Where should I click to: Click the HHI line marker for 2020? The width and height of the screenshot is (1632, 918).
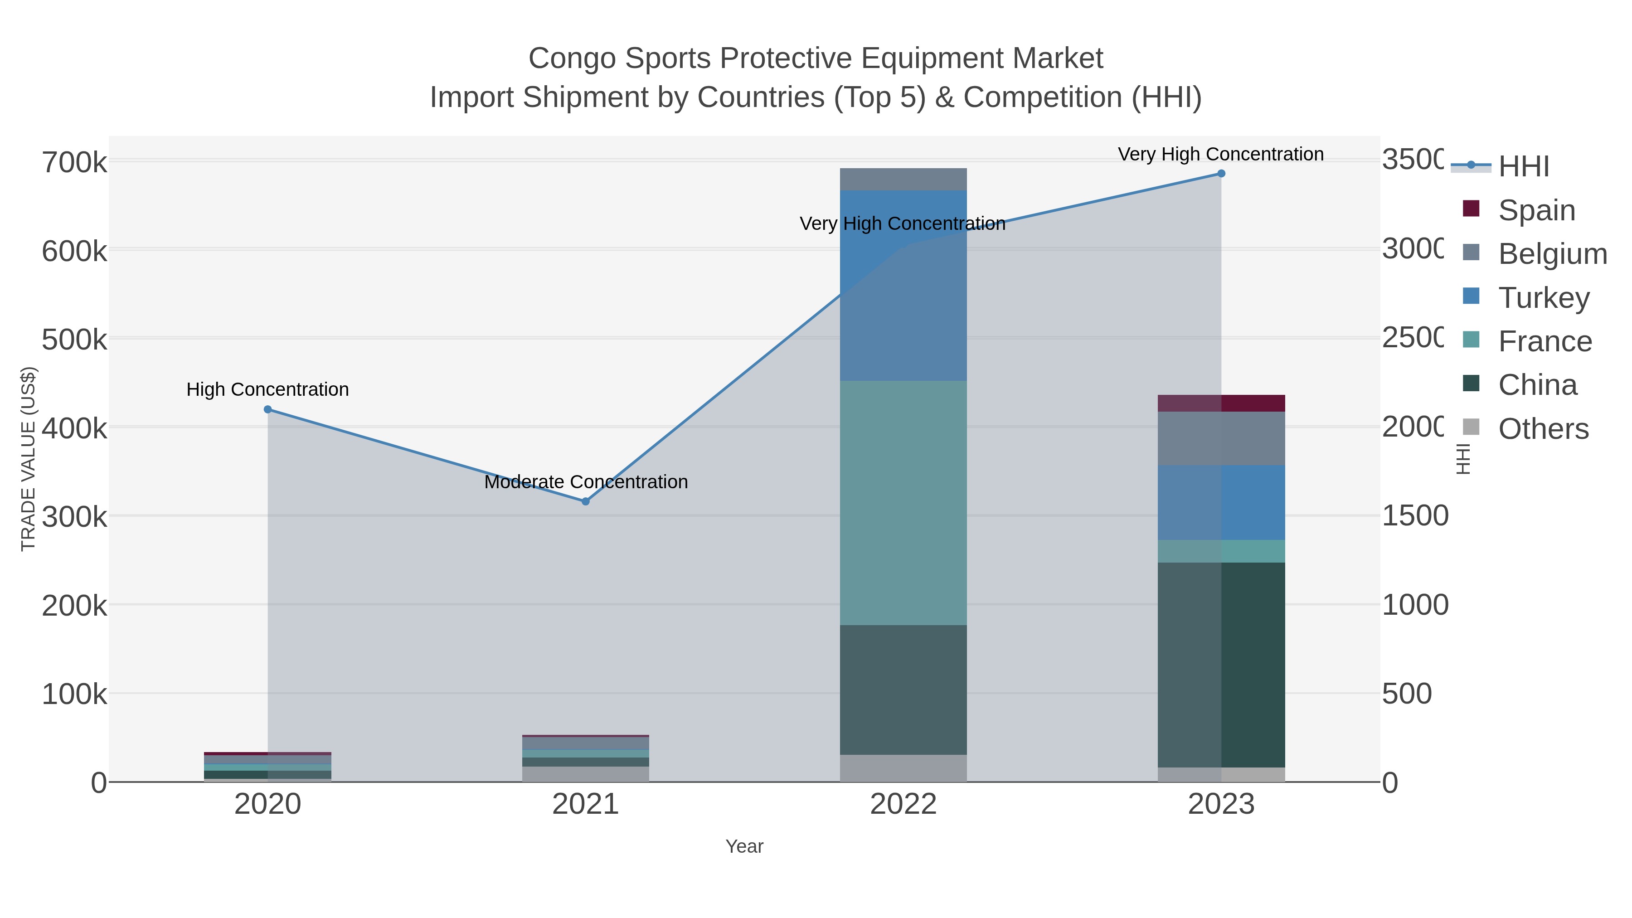pos(267,409)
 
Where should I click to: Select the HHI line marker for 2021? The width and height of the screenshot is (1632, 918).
pos(585,501)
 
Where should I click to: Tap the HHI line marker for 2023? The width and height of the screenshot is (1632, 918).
pos(1221,174)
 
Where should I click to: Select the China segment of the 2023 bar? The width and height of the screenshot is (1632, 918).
pos(1221,665)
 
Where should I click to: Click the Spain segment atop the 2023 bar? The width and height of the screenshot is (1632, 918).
pos(1221,403)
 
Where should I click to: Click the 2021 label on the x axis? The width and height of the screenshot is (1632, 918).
pos(585,805)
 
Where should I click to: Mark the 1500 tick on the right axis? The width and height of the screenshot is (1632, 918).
pos(1414,516)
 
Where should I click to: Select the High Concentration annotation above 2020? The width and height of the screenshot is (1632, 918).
pos(267,389)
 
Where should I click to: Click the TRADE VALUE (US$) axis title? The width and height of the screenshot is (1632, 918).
pos(29,459)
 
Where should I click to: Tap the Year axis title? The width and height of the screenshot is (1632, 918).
pos(744,846)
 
